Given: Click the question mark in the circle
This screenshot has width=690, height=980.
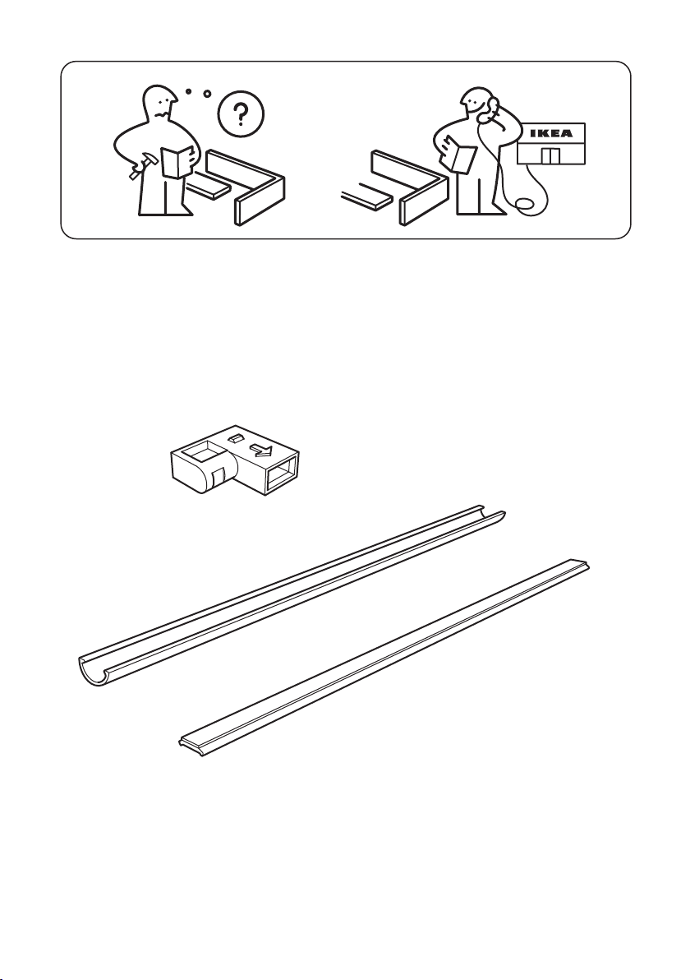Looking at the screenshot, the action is point(241,113).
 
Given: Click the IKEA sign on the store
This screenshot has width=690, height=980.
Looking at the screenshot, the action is point(550,133).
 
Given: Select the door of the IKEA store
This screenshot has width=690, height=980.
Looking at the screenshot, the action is point(549,155).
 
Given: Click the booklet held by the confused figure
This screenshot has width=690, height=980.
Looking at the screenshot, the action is point(177,161).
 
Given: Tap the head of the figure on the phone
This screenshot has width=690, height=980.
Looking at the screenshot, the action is point(476,105).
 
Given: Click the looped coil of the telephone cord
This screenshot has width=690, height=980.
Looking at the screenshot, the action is point(523,205).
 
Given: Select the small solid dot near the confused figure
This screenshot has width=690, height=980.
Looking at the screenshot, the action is point(188,91).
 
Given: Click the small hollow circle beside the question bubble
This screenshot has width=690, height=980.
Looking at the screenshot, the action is point(208,95).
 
